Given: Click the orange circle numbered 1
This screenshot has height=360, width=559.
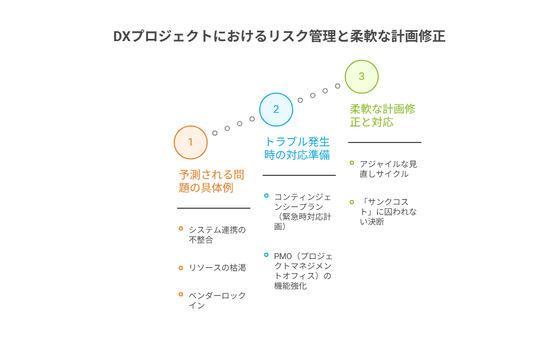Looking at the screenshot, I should coord(191,142).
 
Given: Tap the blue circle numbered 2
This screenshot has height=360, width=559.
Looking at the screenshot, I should coord(276,110).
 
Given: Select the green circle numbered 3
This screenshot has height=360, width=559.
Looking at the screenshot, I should coord(362,77).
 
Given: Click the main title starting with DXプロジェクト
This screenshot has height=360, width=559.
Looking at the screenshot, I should coord(279,36).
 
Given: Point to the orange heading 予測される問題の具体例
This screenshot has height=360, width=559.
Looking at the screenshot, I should coord(212,181).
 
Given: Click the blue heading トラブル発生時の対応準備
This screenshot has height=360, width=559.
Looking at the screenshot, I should coord(297,148).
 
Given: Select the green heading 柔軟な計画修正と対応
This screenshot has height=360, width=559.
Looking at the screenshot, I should coord(383,115).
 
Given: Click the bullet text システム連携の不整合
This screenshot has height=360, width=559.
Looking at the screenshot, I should coord(217,235).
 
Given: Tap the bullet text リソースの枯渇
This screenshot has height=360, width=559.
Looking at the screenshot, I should coord(217,267).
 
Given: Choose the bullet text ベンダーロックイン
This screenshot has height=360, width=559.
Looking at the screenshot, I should coord(217,300).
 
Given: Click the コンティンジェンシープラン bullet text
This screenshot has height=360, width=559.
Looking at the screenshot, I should coord(303,211).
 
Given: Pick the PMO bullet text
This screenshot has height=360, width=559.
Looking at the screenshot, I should coord(303,271).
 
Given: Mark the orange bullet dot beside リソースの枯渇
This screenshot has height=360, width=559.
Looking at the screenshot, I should coord(181,267).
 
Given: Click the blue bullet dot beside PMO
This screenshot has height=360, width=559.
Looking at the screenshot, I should coord(266,255).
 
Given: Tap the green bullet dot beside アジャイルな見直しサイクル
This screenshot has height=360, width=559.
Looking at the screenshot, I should coord(352,163).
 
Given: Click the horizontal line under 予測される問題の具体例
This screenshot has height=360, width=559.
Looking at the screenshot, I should coord(214,208).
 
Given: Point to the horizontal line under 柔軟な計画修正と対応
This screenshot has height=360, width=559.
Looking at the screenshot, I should coord(385,142).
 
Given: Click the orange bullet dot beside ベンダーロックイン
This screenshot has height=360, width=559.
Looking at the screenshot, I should coord(181,294).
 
